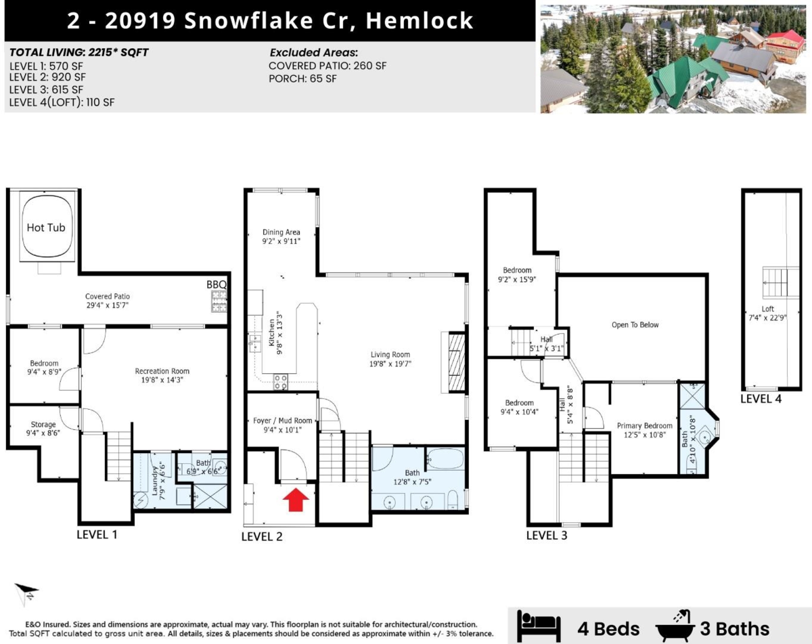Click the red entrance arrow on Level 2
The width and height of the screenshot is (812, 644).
[x=296, y=499]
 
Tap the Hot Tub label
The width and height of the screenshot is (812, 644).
[x=46, y=228]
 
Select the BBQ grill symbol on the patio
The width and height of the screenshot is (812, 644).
[x=219, y=301]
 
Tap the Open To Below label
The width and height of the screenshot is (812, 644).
[x=635, y=325]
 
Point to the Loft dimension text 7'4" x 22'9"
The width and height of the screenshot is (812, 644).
[x=767, y=318]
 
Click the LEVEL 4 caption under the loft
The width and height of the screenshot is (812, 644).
[x=761, y=399]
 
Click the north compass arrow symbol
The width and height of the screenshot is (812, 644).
[x=26, y=594]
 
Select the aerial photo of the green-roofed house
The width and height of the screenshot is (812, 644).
[x=673, y=59]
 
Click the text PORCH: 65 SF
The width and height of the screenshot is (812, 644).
[x=302, y=79]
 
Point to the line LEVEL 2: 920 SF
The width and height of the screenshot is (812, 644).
[x=47, y=77]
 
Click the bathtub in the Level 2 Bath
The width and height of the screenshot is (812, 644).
[x=446, y=458]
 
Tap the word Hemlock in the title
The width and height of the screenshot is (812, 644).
[x=420, y=20]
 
